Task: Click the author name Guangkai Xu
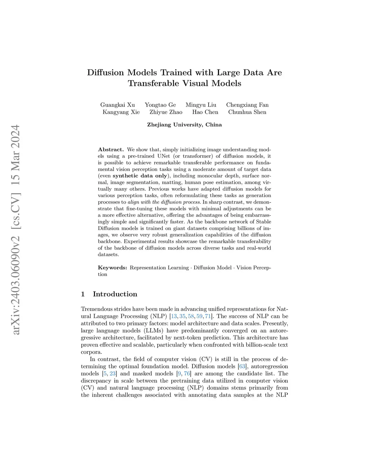pos(118,105)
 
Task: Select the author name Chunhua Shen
pos(247,112)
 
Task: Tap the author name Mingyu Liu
pos(201,105)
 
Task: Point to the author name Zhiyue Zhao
pos(166,112)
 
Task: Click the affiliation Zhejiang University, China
pos(184,125)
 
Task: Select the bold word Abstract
pos(111,150)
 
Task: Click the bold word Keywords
pos(112,268)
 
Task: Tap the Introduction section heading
pos(115,294)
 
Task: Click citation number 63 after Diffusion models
pos(242,366)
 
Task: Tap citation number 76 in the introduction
pos(187,373)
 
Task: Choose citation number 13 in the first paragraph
pos(174,316)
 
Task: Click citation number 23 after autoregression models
pos(113,373)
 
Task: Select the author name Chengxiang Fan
pos(247,105)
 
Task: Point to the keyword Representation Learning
pos(159,268)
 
